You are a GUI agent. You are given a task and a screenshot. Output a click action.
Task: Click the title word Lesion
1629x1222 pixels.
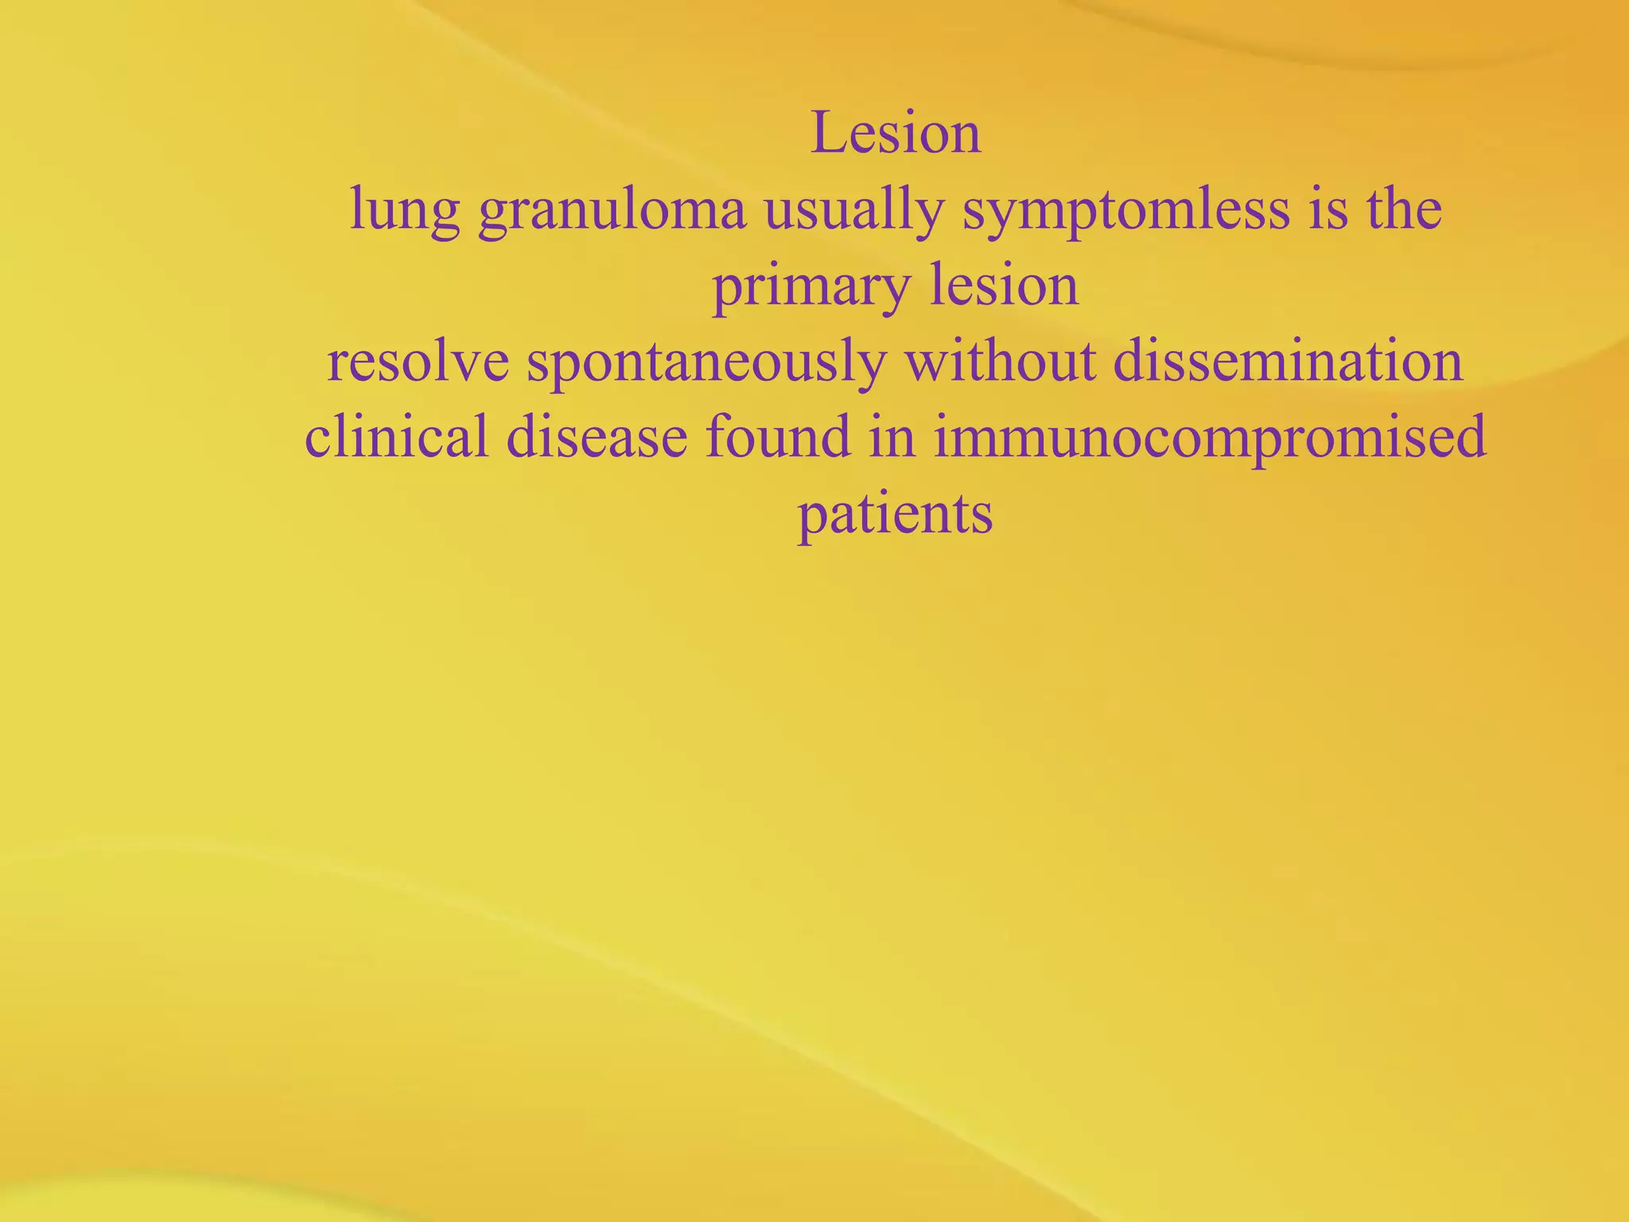click(896, 133)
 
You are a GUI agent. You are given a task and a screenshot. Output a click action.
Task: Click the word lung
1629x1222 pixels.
click(405, 211)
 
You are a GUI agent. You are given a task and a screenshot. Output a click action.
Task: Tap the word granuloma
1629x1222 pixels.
click(612, 211)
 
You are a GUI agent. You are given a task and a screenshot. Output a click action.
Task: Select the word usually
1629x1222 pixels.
click(853, 211)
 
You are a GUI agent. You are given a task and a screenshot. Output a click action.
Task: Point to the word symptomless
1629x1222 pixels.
click(1126, 211)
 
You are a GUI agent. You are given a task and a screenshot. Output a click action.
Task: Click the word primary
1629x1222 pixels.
click(811, 287)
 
